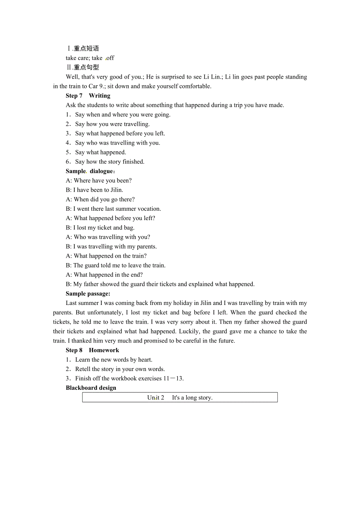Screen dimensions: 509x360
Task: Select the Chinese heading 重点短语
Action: (86, 48)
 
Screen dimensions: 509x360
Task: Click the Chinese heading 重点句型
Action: (86, 67)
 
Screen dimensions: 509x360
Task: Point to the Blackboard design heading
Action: (91, 388)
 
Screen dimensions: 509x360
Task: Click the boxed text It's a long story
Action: (192, 398)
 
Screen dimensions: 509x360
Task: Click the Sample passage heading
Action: (88, 294)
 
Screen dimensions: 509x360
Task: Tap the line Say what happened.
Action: (100, 152)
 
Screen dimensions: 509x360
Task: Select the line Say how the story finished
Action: (110, 162)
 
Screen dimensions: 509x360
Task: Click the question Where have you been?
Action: (103, 181)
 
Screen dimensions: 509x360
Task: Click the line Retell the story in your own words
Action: (120, 369)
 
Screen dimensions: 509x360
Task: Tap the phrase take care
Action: (77, 58)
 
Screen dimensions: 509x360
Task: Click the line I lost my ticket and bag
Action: (104, 228)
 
